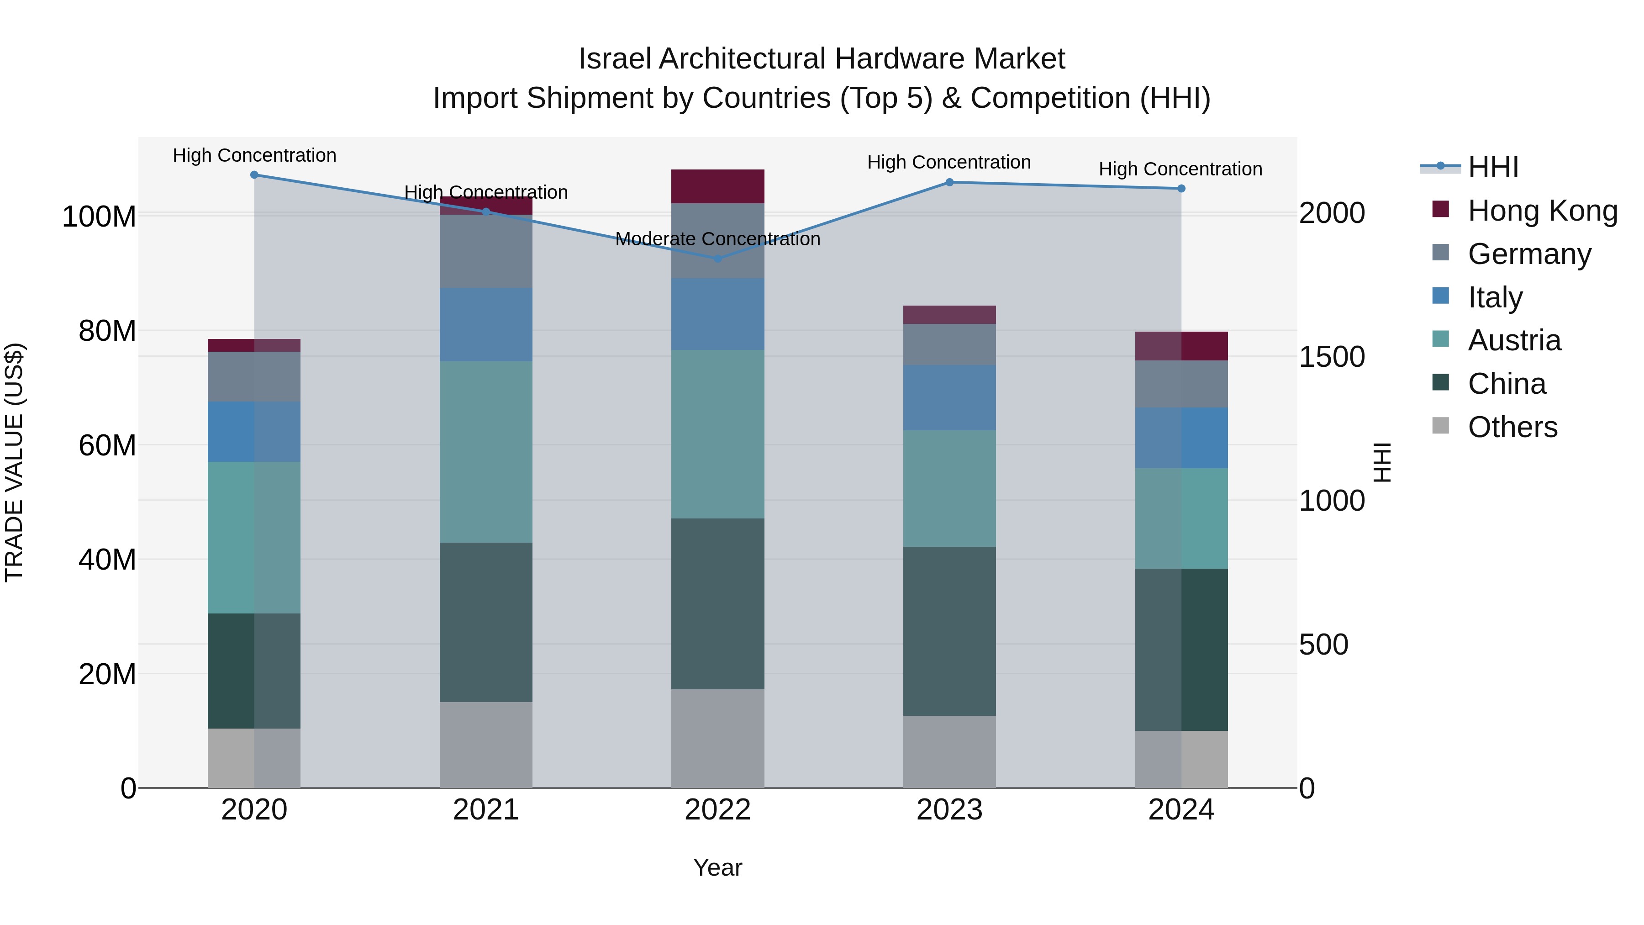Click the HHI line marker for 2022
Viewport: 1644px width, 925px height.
(x=717, y=259)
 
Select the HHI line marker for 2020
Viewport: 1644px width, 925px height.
(x=254, y=174)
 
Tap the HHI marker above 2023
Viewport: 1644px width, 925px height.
(x=949, y=182)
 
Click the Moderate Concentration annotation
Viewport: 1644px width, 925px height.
(x=717, y=239)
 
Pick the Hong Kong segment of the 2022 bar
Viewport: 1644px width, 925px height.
(x=717, y=186)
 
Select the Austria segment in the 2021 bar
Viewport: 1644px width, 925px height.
(x=486, y=452)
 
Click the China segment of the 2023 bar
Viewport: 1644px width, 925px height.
(x=949, y=631)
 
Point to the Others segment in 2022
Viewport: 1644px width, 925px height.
(x=717, y=738)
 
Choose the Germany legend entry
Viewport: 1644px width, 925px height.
(x=1529, y=254)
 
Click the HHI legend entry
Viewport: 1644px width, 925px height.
(x=1493, y=167)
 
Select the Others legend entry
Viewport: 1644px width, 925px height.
(x=1512, y=427)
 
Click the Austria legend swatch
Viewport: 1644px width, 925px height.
(x=1440, y=339)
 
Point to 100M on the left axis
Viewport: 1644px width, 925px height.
(x=99, y=217)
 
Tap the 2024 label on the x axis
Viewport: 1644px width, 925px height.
(x=1180, y=810)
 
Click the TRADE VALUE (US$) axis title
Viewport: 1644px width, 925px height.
(x=14, y=462)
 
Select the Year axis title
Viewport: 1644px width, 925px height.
(x=717, y=867)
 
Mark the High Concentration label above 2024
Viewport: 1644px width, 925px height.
(x=1180, y=169)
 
